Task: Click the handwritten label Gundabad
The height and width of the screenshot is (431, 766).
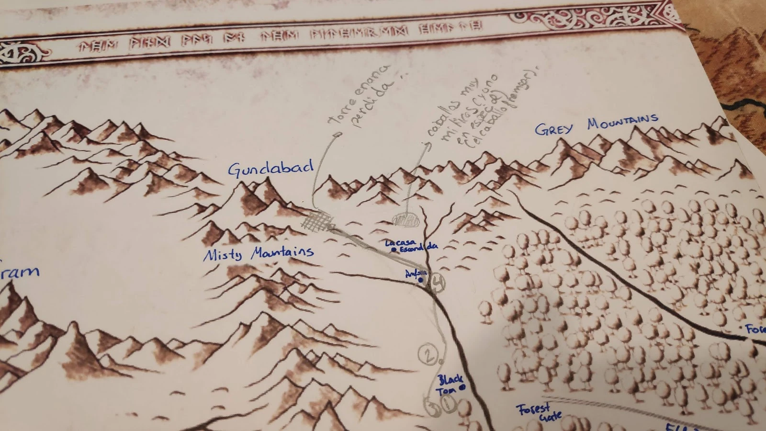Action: coord(270,168)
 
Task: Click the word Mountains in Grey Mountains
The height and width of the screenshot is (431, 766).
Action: coord(623,122)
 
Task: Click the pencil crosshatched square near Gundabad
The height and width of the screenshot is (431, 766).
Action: coord(318,222)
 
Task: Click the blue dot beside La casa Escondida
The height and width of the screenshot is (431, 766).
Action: coord(394,250)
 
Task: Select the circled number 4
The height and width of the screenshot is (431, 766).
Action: coord(437,282)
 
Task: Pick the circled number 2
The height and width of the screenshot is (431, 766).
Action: coord(428,354)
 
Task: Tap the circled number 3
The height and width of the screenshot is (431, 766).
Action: coord(432,408)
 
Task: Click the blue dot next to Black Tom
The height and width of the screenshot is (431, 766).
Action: coord(462,387)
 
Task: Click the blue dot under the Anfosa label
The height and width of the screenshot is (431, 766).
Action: coord(421,280)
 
